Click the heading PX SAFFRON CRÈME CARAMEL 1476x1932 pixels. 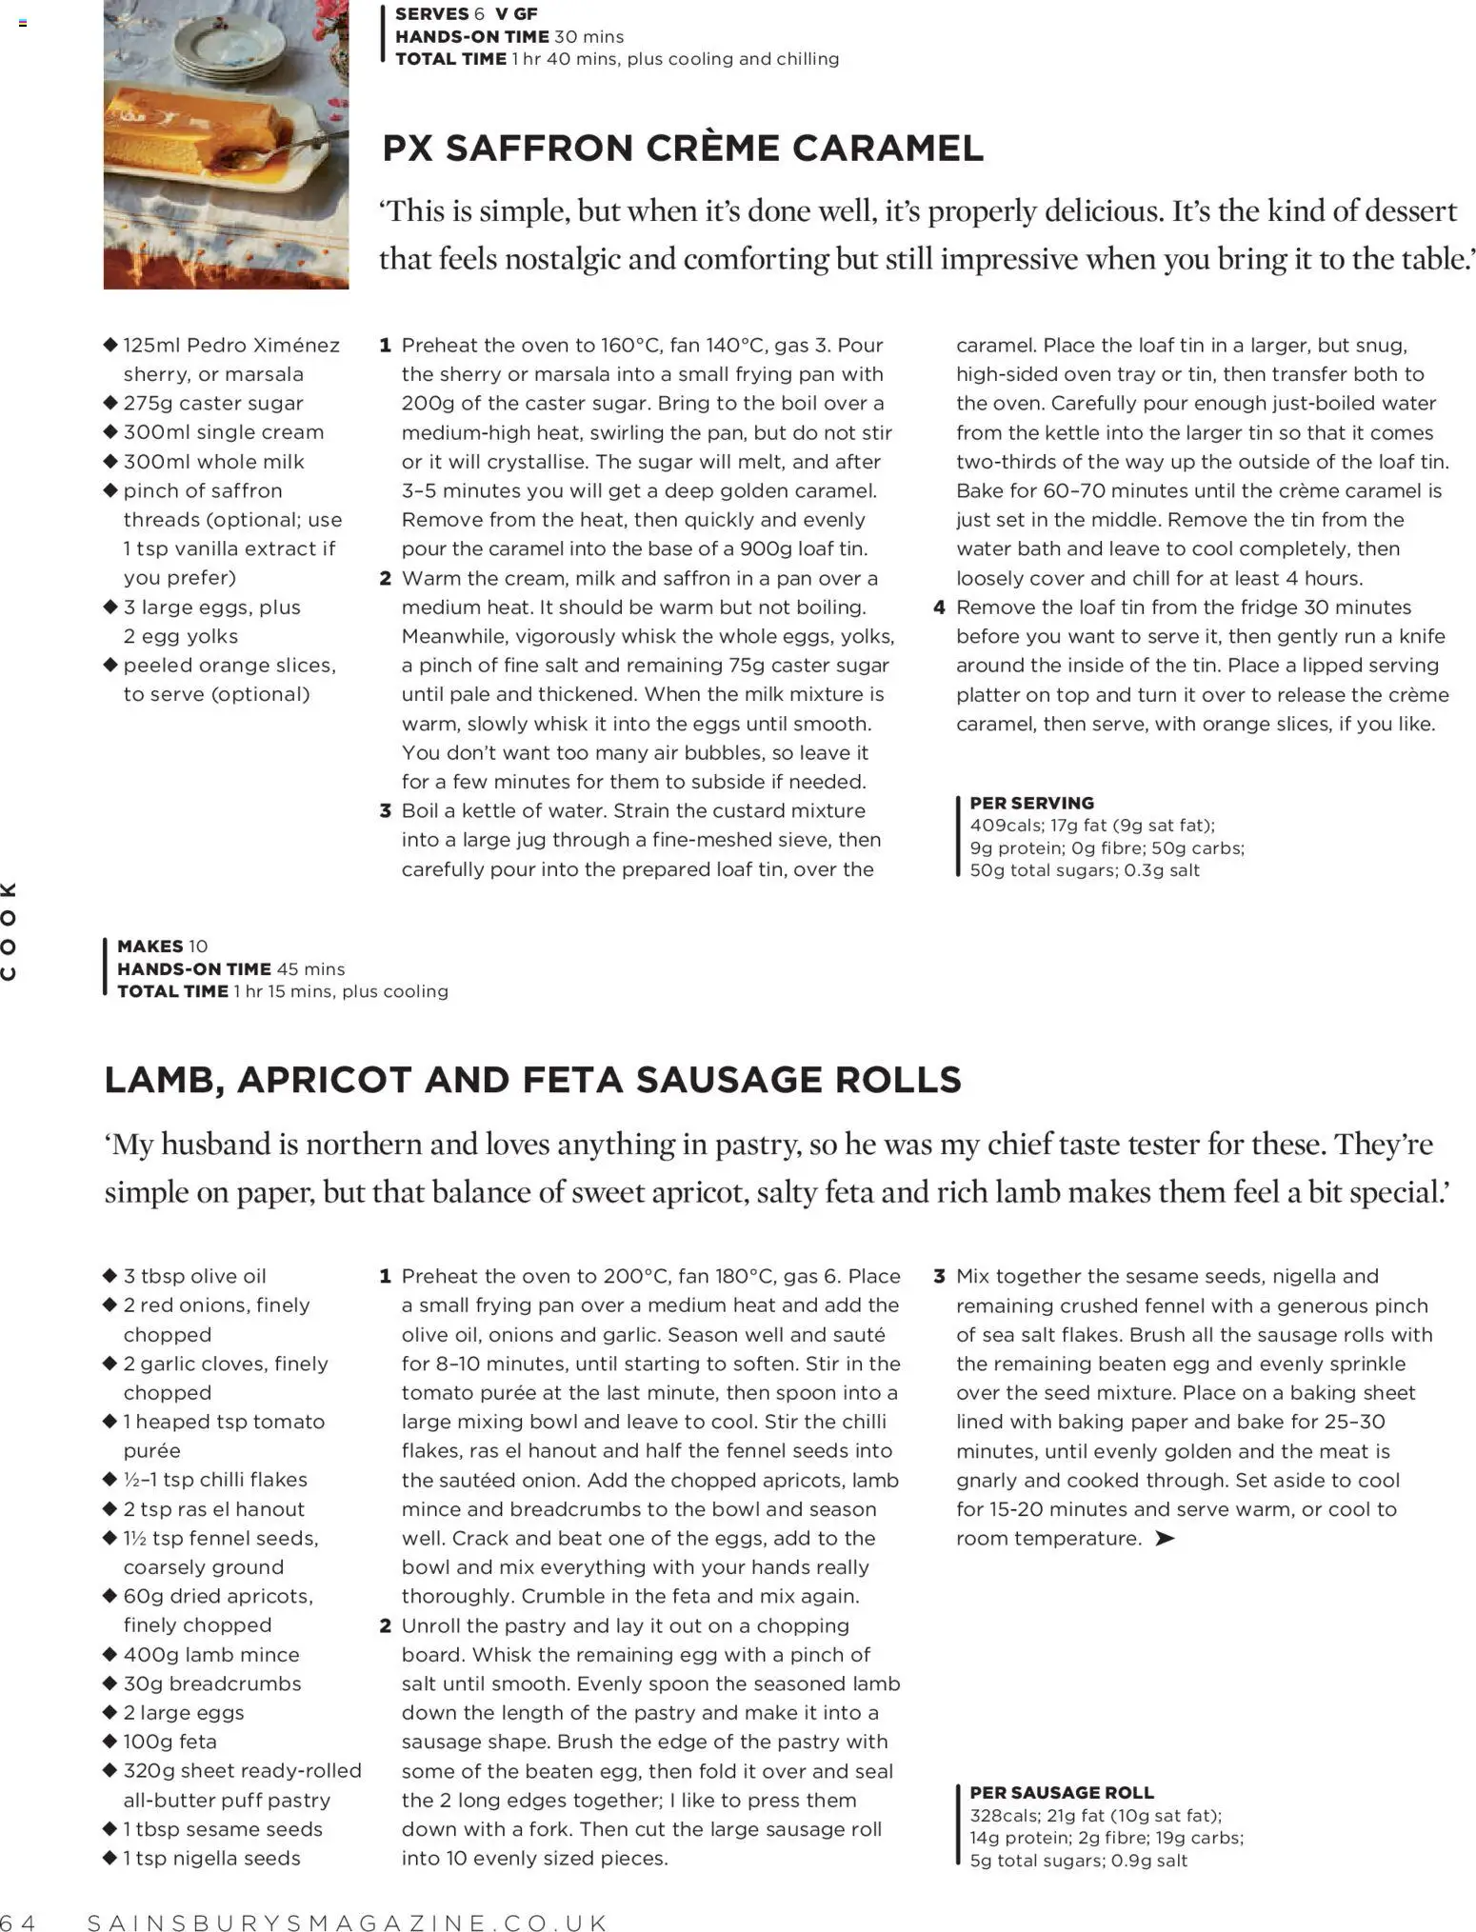682,149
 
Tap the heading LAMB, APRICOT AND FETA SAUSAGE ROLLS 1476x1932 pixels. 532,1080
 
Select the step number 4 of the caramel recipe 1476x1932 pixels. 939,607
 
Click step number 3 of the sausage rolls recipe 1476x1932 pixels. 939,1276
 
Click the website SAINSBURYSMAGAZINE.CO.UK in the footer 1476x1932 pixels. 348,1922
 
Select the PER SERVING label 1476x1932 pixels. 1031,803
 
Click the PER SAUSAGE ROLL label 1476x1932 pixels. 1061,1792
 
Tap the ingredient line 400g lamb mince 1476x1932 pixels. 210,1654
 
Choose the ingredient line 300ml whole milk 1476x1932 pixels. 213,462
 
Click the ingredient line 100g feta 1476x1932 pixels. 170,1741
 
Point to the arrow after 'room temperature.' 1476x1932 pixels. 1164,1538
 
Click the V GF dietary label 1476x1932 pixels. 516,14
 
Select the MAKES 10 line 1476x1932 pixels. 162,946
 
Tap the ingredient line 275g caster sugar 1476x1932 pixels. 213,404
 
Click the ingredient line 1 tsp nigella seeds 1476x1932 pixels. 211,1858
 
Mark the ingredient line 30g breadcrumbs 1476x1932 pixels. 211,1683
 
